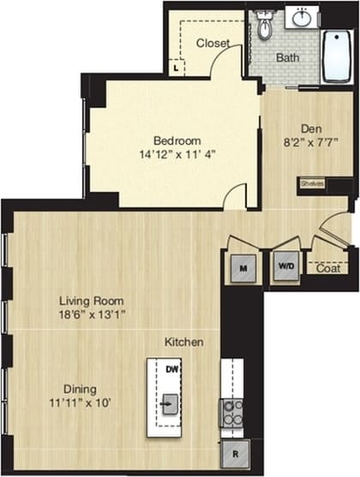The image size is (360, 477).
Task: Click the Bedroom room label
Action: pyautogui.click(x=177, y=140)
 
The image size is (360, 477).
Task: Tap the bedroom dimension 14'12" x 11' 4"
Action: pyautogui.click(x=177, y=156)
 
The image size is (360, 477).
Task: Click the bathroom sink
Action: pyautogui.click(x=302, y=16)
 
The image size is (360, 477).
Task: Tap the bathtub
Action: pyautogui.click(x=336, y=57)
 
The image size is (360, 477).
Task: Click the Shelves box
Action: pyautogui.click(x=311, y=183)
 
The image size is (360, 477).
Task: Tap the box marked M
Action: pyautogui.click(x=243, y=269)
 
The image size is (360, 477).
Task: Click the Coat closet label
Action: pyautogui.click(x=327, y=268)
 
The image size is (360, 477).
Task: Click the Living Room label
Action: pyautogui.click(x=92, y=301)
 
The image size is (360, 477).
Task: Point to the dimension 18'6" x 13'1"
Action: pyautogui.click(x=92, y=314)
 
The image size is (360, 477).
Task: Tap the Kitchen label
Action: pyautogui.click(x=184, y=343)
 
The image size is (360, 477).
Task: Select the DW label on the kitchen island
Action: pyautogui.click(x=171, y=370)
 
